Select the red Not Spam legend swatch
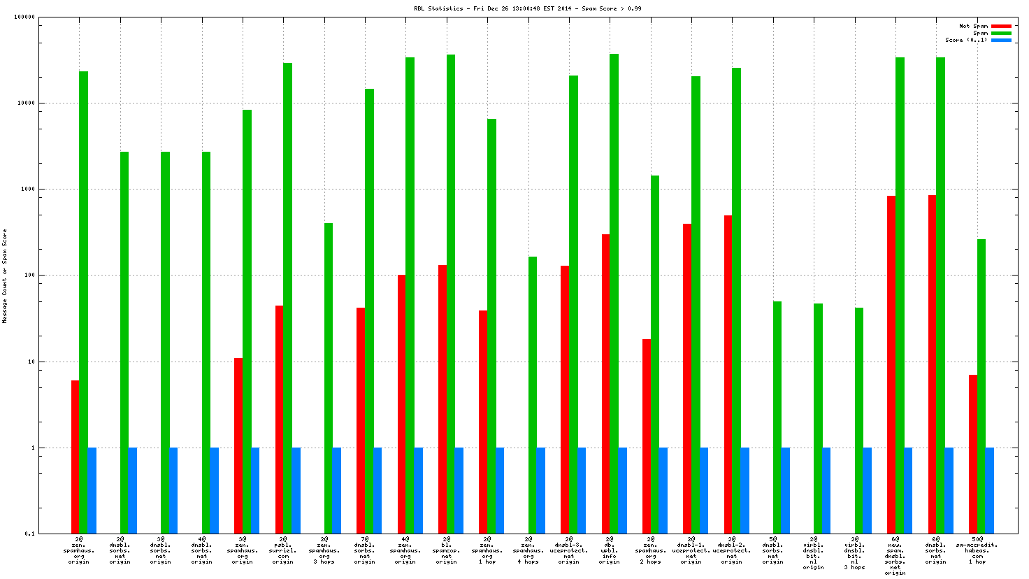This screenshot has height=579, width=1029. (x=1001, y=26)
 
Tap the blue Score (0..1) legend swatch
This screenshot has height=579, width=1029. (x=1001, y=40)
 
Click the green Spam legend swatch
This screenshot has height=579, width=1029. (x=1001, y=33)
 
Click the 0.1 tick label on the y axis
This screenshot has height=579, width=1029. (x=29, y=534)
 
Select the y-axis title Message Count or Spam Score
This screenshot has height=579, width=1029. (x=5, y=276)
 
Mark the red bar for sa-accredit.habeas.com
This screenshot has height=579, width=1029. (x=973, y=454)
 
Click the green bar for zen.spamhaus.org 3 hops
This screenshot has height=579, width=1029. (x=329, y=378)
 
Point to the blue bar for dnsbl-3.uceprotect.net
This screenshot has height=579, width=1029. (x=582, y=490)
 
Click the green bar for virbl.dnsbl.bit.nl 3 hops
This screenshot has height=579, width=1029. (x=859, y=420)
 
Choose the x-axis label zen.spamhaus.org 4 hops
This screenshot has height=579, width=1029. (x=528, y=550)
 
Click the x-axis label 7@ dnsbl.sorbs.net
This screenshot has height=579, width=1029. (x=364, y=550)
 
